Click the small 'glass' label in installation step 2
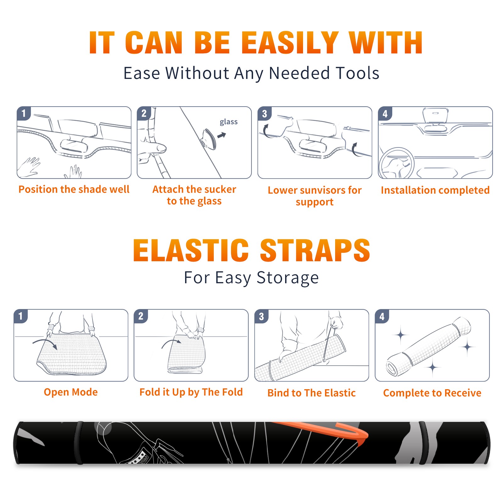[x=229, y=122]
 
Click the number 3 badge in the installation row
[x=264, y=113]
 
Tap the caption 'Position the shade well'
[x=74, y=189]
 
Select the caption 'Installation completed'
[x=435, y=190]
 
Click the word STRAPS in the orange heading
[x=315, y=250]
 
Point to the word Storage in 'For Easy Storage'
[x=288, y=278]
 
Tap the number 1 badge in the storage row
[x=21, y=316]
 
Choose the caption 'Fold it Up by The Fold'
[x=191, y=392]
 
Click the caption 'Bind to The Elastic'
[x=312, y=393]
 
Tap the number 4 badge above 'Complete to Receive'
[x=382, y=316]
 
